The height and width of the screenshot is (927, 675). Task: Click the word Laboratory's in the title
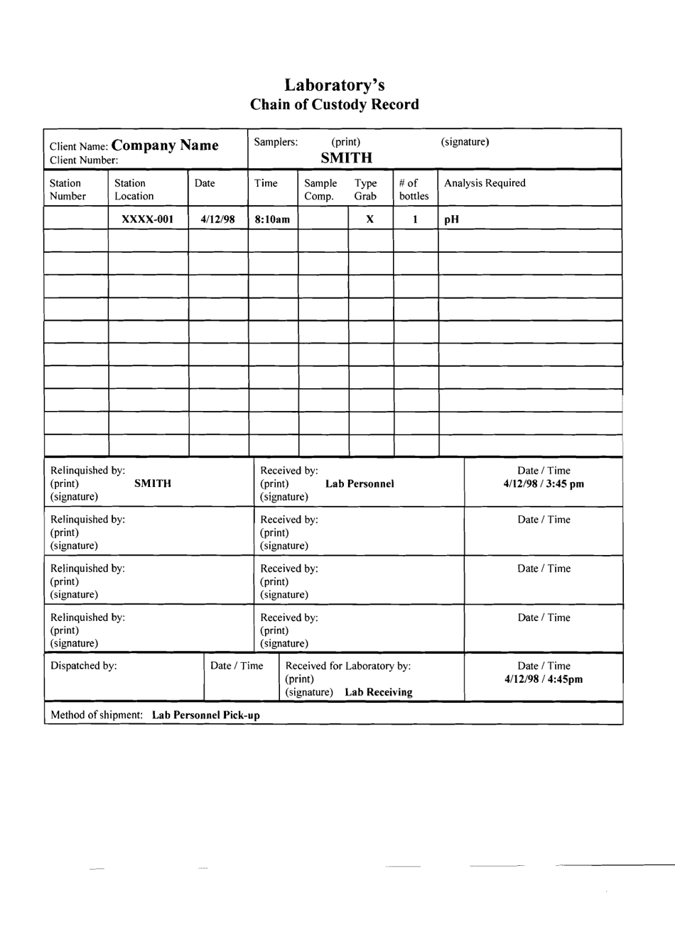(335, 85)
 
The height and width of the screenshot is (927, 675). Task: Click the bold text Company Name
(165, 146)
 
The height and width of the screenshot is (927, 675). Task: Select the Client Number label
(84, 160)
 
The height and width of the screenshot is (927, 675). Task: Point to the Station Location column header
(134, 190)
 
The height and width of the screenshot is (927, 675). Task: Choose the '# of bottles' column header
(414, 190)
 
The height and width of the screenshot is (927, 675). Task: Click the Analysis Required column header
(485, 183)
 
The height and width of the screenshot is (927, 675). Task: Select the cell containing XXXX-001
(148, 219)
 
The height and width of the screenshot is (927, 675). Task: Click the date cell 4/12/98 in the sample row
(217, 219)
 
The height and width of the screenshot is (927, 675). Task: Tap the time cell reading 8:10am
(272, 219)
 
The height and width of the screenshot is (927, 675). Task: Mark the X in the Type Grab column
(370, 219)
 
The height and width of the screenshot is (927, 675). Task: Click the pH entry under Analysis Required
(450, 220)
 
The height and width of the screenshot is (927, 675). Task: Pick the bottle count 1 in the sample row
(415, 219)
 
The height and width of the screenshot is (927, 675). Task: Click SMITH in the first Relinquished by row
(153, 483)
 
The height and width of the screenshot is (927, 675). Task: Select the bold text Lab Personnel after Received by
(360, 483)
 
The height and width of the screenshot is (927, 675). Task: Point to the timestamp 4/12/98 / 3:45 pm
(544, 484)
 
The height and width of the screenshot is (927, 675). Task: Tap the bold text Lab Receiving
(379, 692)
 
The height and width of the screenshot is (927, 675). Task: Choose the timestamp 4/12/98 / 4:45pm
(544, 679)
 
